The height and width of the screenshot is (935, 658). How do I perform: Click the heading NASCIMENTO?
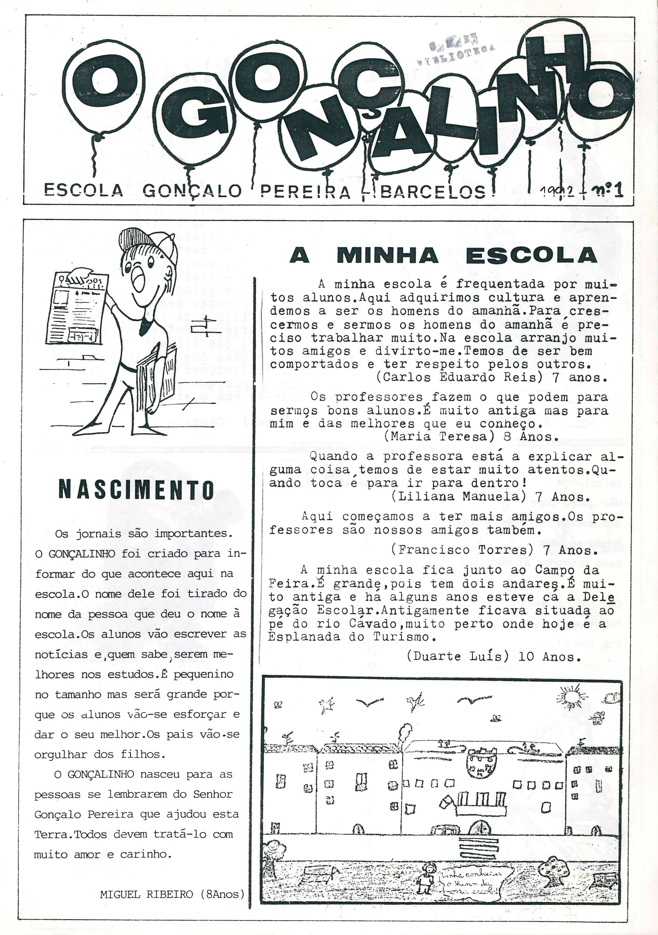136,490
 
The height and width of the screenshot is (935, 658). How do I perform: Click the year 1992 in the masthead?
557,191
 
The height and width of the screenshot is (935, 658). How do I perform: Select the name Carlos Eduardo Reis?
460,377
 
